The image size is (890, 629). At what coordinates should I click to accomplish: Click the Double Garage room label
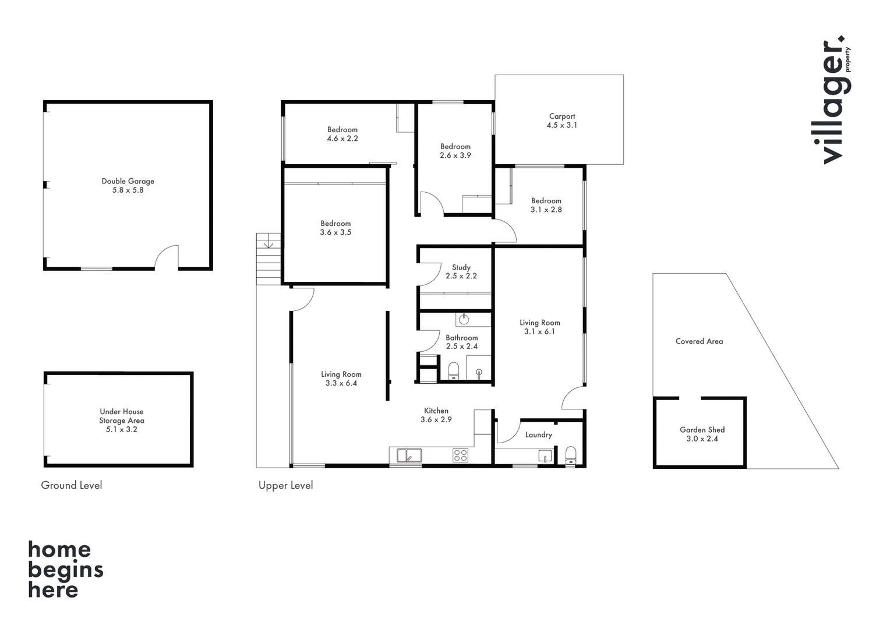(x=128, y=181)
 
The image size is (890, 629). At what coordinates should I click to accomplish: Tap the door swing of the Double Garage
(x=168, y=257)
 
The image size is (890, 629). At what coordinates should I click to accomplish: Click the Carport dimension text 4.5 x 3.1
(x=561, y=125)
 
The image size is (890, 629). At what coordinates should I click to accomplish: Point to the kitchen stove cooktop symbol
(x=460, y=455)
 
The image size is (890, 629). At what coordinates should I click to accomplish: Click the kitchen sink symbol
(x=409, y=455)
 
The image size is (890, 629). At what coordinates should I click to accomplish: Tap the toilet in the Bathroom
(x=454, y=370)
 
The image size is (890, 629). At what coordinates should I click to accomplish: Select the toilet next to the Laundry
(x=571, y=455)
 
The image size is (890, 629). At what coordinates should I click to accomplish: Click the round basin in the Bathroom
(x=464, y=319)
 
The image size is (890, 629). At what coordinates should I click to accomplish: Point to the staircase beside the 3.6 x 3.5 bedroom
(x=269, y=259)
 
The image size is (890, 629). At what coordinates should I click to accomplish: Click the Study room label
(x=461, y=267)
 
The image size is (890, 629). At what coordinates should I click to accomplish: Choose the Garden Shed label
(x=702, y=430)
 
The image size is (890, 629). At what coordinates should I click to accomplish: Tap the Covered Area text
(x=699, y=341)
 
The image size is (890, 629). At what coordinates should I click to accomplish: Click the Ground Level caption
(x=71, y=485)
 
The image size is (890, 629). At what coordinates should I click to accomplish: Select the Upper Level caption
(x=285, y=485)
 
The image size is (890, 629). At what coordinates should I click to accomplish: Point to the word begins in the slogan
(x=65, y=570)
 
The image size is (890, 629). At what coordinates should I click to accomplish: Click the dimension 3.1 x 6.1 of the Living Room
(x=539, y=331)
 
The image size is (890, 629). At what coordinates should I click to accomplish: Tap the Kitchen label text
(x=436, y=411)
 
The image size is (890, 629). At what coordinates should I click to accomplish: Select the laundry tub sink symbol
(x=545, y=455)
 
